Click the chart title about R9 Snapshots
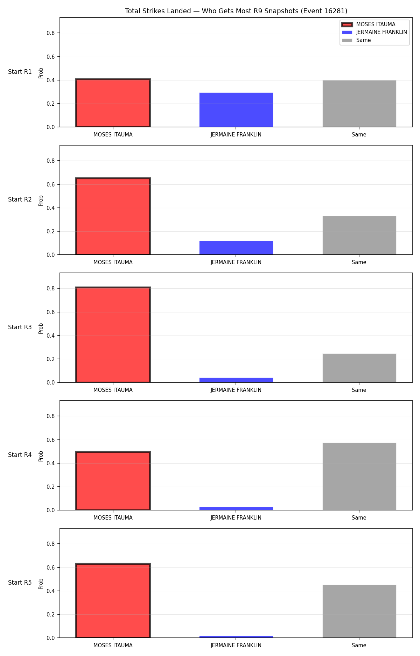click(236, 11)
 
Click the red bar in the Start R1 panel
click(113, 103)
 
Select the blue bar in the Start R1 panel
click(236, 110)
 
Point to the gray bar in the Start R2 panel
click(359, 235)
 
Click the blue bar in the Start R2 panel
click(236, 248)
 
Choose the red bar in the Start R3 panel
click(113, 335)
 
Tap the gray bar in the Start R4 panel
click(359, 477)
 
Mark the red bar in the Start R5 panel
click(113, 601)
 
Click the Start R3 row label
click(20, 327)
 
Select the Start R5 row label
click(20, 583)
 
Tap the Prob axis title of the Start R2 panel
click(41, 200)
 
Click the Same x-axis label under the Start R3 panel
click(359, 390)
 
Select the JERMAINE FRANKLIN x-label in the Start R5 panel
click(236, 646)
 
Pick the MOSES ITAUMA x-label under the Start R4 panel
click(113, 518)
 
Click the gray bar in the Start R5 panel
click(359, 611)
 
